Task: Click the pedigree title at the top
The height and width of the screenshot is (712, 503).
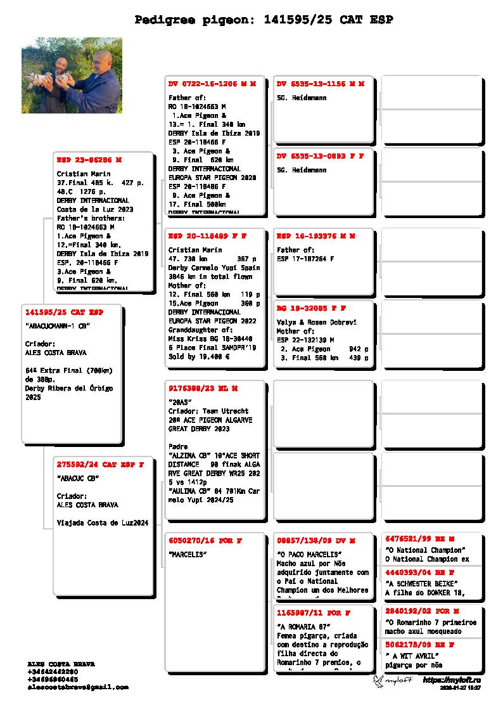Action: click(x=264, y=20)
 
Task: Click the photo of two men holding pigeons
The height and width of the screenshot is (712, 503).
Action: click(x=72, y=75)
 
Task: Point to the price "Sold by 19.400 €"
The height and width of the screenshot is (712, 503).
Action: click(x=198, y=357)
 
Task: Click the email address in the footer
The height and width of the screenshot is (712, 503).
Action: click(x=78, y=687)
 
